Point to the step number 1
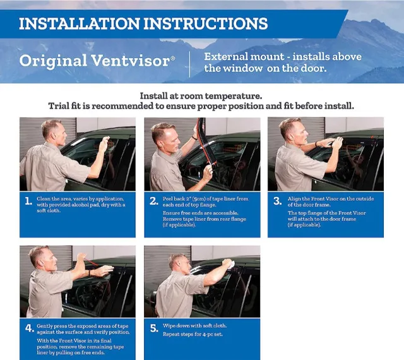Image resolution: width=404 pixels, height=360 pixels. pyautogui.click(x=28, y=201)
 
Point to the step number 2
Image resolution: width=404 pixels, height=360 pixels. pyautogui.click(x=153, y=201)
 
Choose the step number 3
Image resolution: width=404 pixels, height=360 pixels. pyautogui.click(x=277, y=201)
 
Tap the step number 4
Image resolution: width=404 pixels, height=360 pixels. pyautogui.click(x=28, y=328)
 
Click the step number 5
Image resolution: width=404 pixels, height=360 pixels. pyautogui.click(x=153, y=328)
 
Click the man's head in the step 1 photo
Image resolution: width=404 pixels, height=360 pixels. pyautogui.click(x=52, y=131)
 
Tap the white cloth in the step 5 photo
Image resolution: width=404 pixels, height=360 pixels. pyautogui.click(x=228, y=262)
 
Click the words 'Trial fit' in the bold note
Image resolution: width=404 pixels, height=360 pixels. pyautogui.click(x=68, y=105)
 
